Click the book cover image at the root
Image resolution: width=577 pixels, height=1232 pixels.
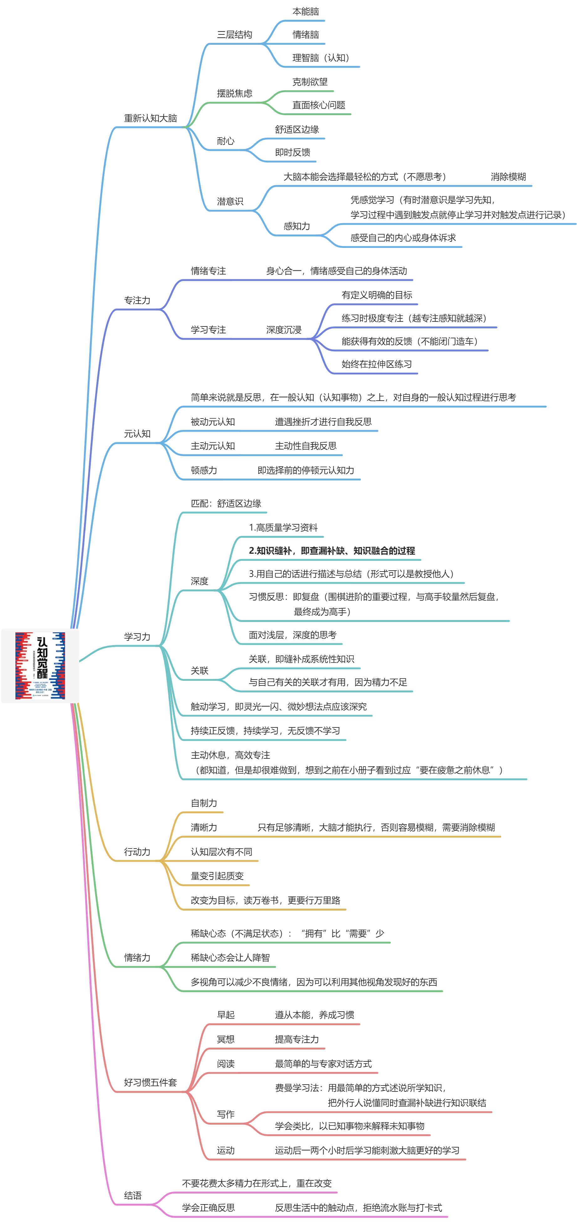(40, 666)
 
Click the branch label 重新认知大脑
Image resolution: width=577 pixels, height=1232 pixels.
(150, 118)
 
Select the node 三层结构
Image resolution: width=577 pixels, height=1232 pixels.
(234, 34)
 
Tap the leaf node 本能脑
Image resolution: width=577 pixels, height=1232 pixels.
(305, 12)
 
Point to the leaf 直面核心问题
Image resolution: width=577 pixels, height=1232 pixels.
(319, 105)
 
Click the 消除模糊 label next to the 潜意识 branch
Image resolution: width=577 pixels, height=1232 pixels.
(508, 177)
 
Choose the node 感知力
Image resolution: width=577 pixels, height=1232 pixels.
(297, 226)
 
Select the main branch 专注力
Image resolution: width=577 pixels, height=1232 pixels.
(137, 300)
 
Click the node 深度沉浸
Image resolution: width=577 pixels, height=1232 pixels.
(284, 330)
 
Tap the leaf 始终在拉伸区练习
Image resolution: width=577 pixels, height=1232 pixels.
(377, 364)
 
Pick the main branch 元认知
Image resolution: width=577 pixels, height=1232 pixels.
(137, 434)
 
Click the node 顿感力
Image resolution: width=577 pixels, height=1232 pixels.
(204, 471)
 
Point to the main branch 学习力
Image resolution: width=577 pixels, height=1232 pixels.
(137, 637)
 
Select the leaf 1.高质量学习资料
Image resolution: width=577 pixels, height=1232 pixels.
(283, 528)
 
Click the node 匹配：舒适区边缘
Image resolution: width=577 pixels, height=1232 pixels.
(226, 504)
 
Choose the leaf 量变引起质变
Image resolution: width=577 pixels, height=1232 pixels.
(217, 876)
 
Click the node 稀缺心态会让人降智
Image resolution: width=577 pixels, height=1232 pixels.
(230, 958)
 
